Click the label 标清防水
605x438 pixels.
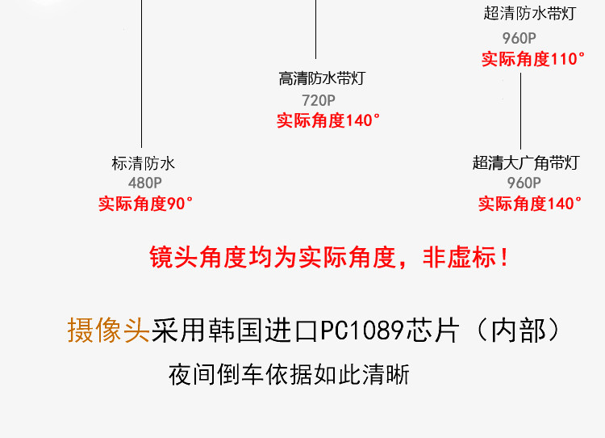point(143,163)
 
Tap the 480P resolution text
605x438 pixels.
point(145,183)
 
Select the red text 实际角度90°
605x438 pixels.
point(146,204)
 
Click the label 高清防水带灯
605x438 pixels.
point(322,79)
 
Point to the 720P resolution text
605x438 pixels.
point(319,100)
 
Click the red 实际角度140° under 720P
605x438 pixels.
point(328,120)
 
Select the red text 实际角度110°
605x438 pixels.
point(533,59)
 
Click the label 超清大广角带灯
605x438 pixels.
point(525,162)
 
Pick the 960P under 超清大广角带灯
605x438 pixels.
point(524,183)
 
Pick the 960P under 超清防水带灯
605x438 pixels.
point(519,38)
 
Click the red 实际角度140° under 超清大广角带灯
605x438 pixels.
point(530,204)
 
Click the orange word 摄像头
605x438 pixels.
point(109,331)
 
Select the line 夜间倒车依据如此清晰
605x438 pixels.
point(289,376)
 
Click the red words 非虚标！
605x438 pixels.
point(467,258)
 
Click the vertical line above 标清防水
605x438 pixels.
point(142,73)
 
